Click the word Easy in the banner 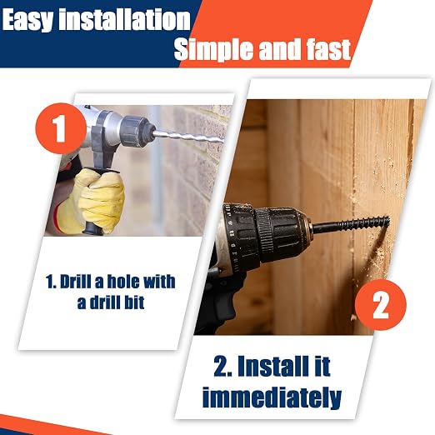[x=27, y=20]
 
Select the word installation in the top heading [x=125, y=19]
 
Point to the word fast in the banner [x=328, y=49]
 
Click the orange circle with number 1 [x=61, y=128]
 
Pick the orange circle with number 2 [x=381, y=305]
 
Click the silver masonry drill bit [x=188, y=137]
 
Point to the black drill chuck [x=281, y=236]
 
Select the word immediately [x=272, y=397]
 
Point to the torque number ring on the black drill [x=235, y=236]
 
